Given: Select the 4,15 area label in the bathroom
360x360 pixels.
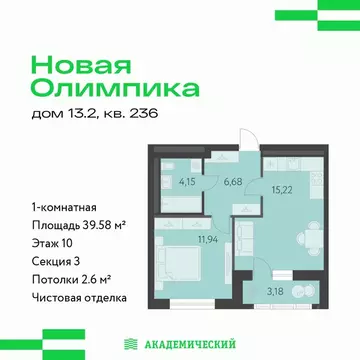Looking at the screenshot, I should click(187, 182).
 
